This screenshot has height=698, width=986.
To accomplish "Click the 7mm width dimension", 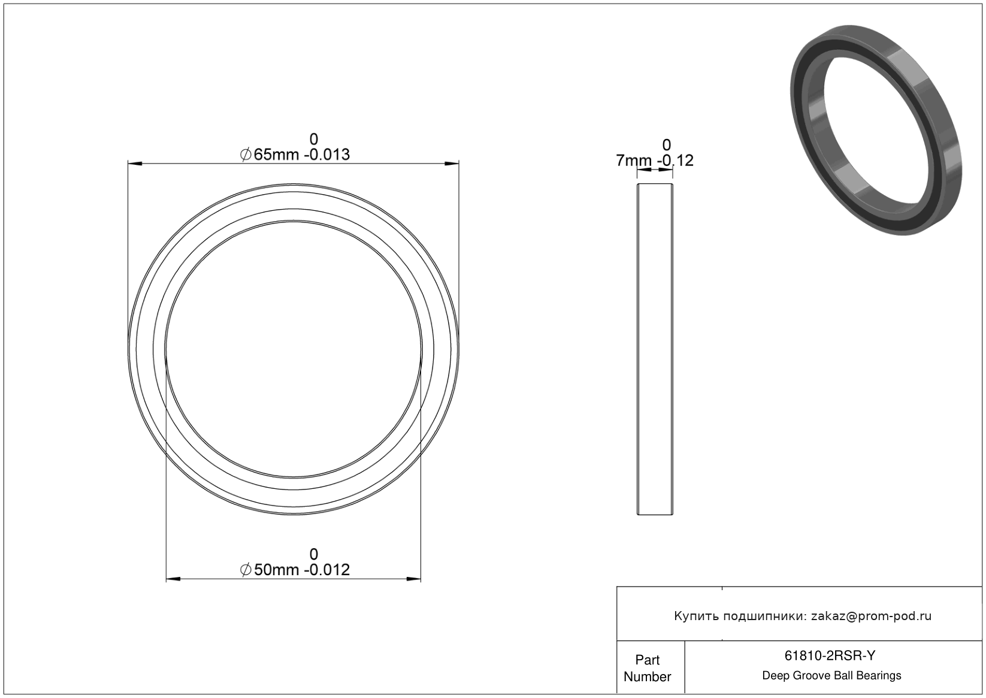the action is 633,161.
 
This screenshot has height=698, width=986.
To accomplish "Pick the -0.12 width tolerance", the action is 675,161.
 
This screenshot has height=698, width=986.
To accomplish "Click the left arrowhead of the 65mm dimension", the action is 135,164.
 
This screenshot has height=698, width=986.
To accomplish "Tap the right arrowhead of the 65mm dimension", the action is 452,164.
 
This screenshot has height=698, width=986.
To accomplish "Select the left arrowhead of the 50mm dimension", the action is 173,579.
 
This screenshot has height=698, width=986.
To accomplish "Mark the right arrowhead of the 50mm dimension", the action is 414,579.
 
